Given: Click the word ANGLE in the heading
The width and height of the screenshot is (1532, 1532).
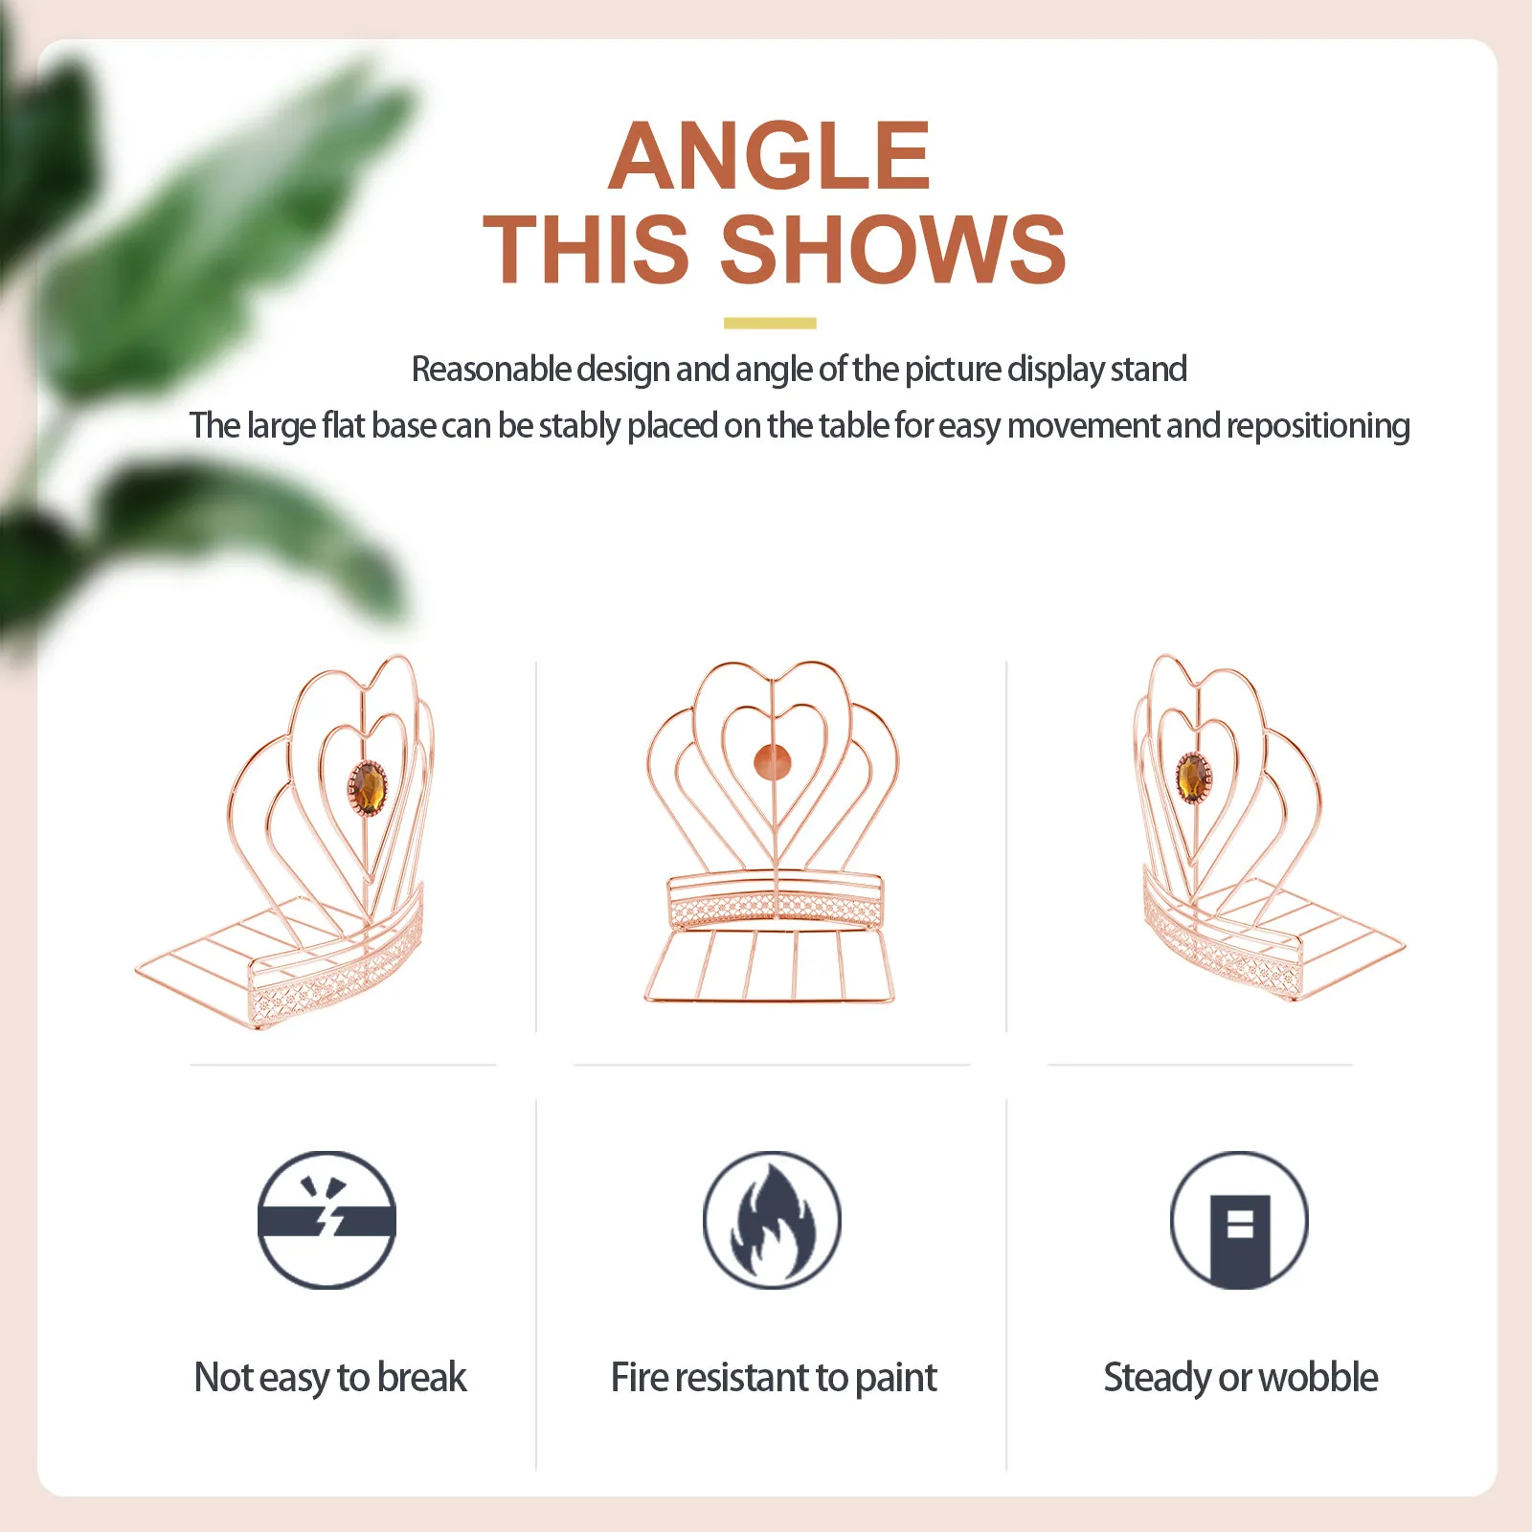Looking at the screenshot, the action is tap(769, 156).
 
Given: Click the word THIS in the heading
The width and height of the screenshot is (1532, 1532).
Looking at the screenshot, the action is tap(586, 249).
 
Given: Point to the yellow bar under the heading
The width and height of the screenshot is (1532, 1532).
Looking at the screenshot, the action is tap(770, 324).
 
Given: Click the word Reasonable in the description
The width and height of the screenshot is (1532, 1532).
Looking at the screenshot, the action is tap(491, 369).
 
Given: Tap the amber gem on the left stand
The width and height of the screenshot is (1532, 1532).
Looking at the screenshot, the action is tap(367, 789).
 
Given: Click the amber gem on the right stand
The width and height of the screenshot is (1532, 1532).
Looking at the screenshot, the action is tap(1193, 777).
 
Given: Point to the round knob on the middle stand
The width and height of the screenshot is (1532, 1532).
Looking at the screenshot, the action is tap(773, 762).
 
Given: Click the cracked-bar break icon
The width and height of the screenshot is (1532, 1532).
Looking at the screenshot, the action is tap(327, 1220).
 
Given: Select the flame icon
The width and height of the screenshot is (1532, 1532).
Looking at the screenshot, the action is tap(772, 1220).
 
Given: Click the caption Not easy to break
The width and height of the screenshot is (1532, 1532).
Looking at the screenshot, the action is tap(330, 1378).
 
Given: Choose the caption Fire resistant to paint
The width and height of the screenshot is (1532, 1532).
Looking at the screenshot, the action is tap(774, 1378).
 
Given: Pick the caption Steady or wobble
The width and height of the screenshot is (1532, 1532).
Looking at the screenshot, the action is tap(1241, 1378).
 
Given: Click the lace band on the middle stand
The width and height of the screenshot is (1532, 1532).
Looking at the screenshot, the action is tap(775, 906).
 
